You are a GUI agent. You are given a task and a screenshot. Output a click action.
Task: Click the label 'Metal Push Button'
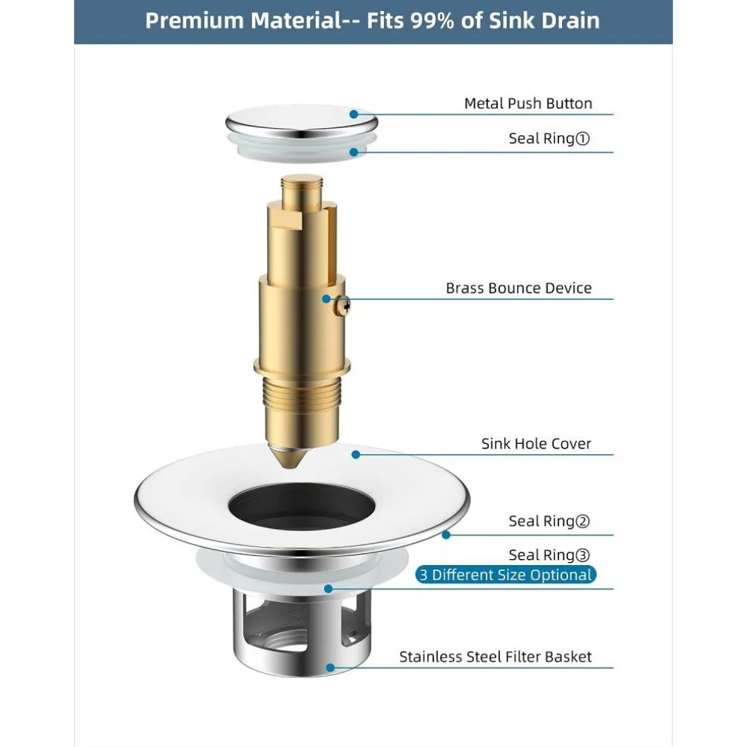coord(527,104)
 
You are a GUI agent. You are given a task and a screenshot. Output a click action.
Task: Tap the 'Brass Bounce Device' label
coord(518,288)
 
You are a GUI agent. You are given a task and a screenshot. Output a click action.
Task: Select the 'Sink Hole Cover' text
coord(536,445)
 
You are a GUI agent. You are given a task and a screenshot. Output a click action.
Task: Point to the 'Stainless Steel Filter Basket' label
coord(496,657)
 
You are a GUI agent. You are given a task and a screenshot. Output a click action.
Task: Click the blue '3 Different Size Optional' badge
coord(506,575)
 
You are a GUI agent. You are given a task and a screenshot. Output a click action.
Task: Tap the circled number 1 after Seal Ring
coord(583,138)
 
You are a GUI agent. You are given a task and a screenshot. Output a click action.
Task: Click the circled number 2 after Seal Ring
coord(583,521)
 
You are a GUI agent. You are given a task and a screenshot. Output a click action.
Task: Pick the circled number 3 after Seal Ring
coord(583,555)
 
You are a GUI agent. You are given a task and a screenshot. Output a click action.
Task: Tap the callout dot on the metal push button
coord(354,114)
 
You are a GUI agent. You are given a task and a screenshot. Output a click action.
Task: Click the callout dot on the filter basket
coord(330,668)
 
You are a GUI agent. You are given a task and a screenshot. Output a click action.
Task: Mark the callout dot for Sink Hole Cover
coord(356,454)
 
